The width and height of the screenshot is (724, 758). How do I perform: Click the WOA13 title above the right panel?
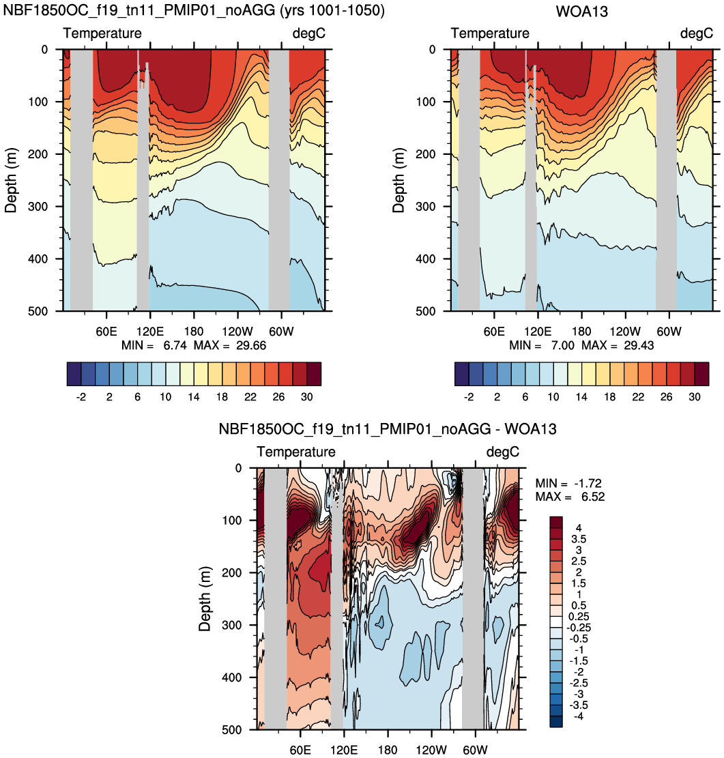(582, 11)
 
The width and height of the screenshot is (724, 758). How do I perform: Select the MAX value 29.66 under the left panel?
(251, 345)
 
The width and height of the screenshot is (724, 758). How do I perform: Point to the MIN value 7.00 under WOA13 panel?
(562, 345)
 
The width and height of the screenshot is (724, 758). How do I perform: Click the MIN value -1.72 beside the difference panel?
(588, 483)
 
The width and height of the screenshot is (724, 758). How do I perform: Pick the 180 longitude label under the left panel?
(194, 332)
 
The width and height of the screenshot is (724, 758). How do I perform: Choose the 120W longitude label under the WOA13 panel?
(625, 332)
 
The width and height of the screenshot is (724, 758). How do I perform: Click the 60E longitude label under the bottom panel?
(300, 750)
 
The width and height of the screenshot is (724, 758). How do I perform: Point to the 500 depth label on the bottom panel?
(231, 729)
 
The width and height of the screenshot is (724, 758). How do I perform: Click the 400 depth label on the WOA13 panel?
(426, 259)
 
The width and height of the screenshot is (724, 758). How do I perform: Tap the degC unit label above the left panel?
(308, 33)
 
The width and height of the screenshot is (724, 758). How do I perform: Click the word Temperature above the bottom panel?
(296, 452)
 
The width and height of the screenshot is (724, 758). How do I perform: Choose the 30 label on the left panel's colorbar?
(306, 397)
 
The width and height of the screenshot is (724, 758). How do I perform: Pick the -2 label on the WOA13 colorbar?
(469, 397)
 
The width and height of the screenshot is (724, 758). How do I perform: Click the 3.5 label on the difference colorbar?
(579, 539)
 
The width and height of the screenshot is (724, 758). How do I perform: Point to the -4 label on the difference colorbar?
(578, 716)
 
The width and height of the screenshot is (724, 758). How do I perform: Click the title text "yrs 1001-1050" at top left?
(332, 11)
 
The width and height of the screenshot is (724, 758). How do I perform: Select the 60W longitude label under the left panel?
(281, 332)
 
